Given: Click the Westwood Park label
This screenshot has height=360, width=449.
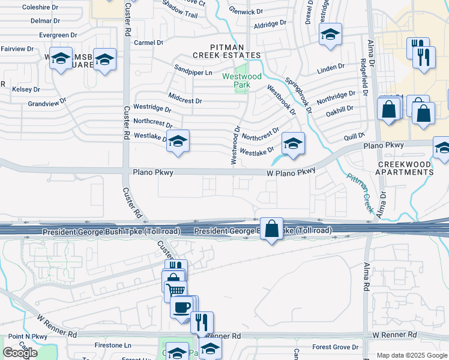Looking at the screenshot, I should pos(242,80).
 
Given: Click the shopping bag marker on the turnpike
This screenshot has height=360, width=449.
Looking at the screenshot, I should pos(272,229).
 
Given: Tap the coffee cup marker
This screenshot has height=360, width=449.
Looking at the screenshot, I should pos(181,307).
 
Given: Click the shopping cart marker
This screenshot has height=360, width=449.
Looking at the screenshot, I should pos(175,291).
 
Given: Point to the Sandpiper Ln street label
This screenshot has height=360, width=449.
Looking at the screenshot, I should pos(193,73).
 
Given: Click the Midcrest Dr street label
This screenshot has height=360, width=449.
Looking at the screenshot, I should pos(185,100).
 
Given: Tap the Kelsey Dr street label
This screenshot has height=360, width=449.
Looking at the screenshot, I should pos(26,89).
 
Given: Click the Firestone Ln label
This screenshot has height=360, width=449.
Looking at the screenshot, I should pos(113,346).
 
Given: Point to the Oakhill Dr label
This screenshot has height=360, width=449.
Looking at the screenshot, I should pos(340,109).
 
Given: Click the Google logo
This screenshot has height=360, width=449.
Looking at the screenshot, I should pos(20,353).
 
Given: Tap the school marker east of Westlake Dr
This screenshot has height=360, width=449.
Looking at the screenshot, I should pos(293,143).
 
